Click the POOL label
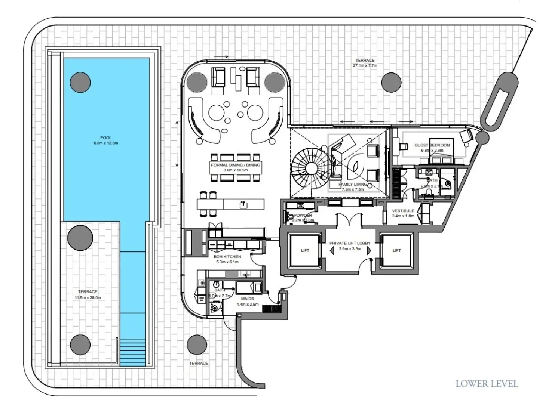[106, 138]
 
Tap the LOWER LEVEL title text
[487, 384]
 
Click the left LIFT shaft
[305, 250]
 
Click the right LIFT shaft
[396, 250]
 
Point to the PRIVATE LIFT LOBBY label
[350, 243]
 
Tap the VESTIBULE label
[403, 211]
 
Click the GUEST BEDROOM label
[432, 145]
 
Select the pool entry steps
[132, 352]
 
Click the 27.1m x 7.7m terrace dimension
[365, 65]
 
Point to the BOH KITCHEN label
[227, 257]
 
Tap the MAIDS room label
[247, 299]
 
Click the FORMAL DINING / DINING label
[235, 165]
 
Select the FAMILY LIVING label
[352, 185]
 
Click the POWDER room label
[303, 216]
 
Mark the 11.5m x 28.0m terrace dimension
[88, 298]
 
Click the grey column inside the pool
[80, 82]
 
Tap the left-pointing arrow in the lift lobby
[332, 251]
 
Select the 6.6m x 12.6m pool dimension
[106, 143]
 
